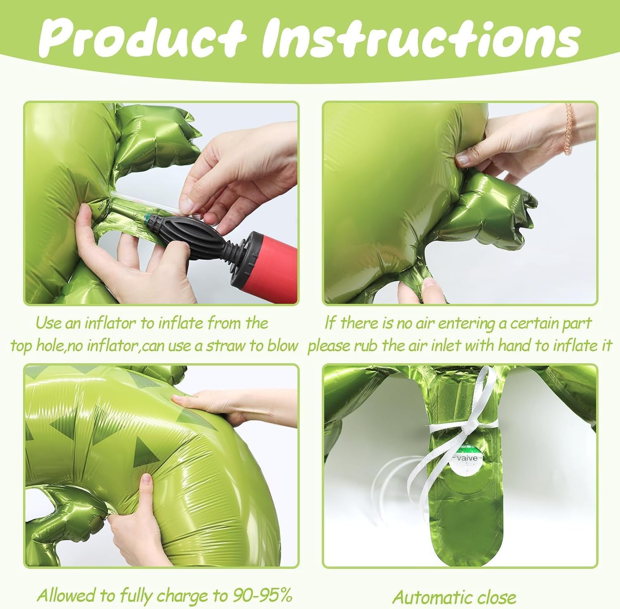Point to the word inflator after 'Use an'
click(x=110, y=323)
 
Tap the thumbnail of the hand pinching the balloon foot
click(x=460, y=203)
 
